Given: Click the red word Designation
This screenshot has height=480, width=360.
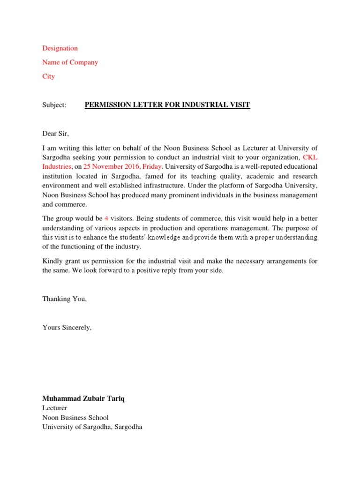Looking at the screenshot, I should point(60,48).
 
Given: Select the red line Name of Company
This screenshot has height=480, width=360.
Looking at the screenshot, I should point(70,62).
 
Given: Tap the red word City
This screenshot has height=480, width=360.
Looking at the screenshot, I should point(48,76).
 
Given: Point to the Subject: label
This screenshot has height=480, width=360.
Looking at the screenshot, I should point(54,105).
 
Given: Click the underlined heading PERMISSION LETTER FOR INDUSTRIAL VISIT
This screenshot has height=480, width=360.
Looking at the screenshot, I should point(167,105).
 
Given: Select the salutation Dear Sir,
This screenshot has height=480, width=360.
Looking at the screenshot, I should point(55,134).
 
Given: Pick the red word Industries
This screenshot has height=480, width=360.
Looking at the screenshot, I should point(57,166).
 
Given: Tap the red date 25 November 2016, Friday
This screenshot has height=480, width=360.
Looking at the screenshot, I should point(122,166).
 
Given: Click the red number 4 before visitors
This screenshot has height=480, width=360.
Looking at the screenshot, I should point(106,218).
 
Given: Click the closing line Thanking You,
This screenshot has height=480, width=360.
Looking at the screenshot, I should point(65,299).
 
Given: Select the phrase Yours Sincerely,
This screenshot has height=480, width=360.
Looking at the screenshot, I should point(67,328).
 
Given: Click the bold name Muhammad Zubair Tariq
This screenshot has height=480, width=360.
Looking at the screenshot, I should point(84,398).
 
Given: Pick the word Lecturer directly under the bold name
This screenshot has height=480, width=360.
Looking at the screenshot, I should point(55,408).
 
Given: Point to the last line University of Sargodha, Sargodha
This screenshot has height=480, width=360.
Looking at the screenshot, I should point(92,427).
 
